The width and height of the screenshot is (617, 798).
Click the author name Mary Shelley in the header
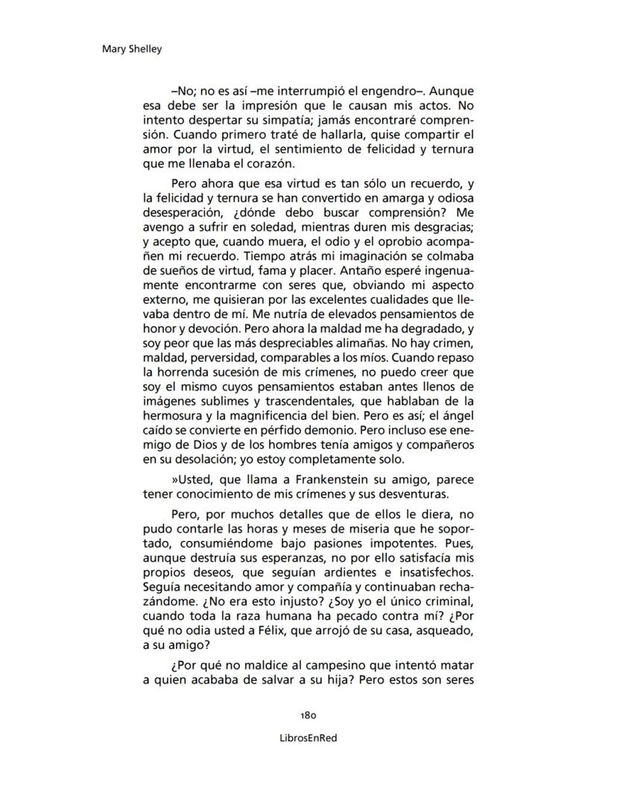(131, 49)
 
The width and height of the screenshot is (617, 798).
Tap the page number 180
(308, 715)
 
